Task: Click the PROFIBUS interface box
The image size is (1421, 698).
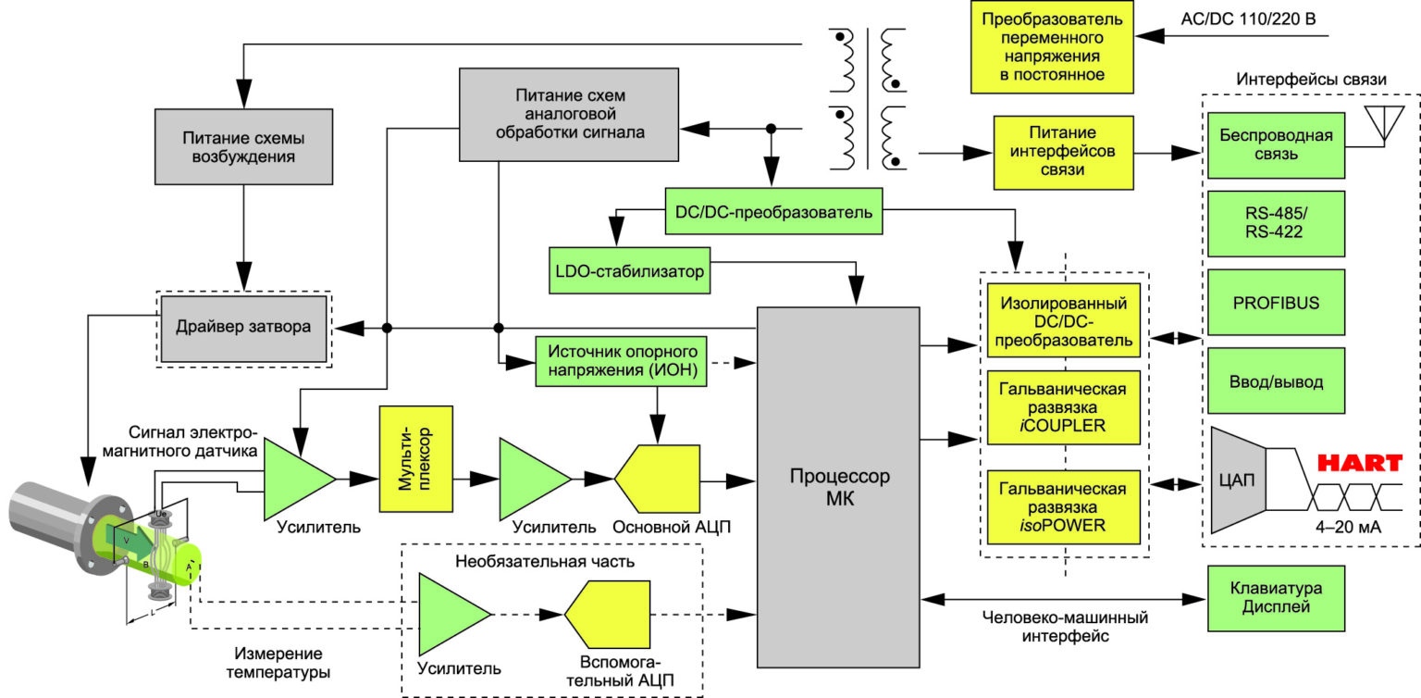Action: (x=1276, y=302)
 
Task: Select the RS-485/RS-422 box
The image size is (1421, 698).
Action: (x=1276, y=223)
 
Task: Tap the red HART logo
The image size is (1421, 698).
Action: (x=1359, y=463)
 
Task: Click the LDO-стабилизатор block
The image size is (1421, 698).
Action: (x=629, y=270)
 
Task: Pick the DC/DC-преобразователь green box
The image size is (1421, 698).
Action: (x=773, y=211)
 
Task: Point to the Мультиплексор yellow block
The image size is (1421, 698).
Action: (x=416, y=459)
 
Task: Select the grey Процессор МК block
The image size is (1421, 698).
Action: (x=838, y=487)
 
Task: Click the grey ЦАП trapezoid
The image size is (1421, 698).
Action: (x=1239, y=480)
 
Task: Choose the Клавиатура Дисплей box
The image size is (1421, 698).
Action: (x=1276, y=598)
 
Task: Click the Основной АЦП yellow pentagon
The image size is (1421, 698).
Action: (x=657, y=479)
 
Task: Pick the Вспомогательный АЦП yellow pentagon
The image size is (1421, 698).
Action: (x=608, y=615)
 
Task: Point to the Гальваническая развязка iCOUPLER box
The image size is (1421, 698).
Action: (x=1063, y=407)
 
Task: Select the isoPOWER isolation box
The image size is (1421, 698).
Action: (x=1063, y=507)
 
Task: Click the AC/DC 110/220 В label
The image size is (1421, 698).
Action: (x=1248, y=19)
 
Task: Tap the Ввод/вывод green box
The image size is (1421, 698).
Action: (x=1276, y=380)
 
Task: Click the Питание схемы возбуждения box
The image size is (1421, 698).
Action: (x=243, y=146)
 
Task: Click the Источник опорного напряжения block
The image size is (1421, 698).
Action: (x=621, y=361)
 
